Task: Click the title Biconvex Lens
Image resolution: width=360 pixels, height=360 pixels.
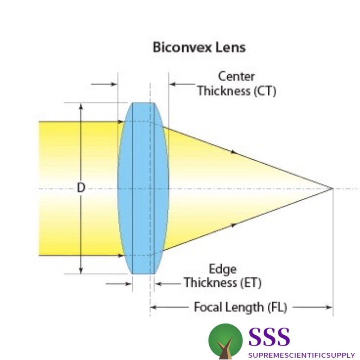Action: tap(199, 48)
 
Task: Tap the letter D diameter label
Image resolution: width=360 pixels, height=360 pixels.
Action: tap(81, 188)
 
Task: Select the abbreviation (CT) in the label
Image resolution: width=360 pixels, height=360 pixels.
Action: tap(265, 91)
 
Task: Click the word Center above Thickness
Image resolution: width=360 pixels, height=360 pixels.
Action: tap(236, 76)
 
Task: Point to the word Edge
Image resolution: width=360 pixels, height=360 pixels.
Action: tap(222, 269)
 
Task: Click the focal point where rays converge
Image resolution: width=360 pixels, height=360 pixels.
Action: tap(333, 189)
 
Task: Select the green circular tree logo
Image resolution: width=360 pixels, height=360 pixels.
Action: tap(225, 341)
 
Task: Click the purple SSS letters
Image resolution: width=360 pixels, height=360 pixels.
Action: tap(269, 337)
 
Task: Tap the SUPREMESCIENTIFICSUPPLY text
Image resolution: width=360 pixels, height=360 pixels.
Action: tap(301, 355)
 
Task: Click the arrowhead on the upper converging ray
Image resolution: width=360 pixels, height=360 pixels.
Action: tap(234, 152)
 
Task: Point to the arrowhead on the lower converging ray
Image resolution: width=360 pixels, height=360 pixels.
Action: tap(234, 225)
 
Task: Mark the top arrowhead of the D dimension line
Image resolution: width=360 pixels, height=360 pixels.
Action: tap(81, 106)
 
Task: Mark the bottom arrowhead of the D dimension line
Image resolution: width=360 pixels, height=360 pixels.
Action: tap(81, 270)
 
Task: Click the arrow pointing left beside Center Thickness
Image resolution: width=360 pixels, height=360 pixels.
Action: tap(182, 84)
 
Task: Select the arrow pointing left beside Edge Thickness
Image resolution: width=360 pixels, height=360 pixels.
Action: tap(168, 284)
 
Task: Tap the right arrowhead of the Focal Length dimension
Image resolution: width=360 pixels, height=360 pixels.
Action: tap(329, 307)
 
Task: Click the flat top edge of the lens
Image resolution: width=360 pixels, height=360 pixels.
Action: tap(143, 103)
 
